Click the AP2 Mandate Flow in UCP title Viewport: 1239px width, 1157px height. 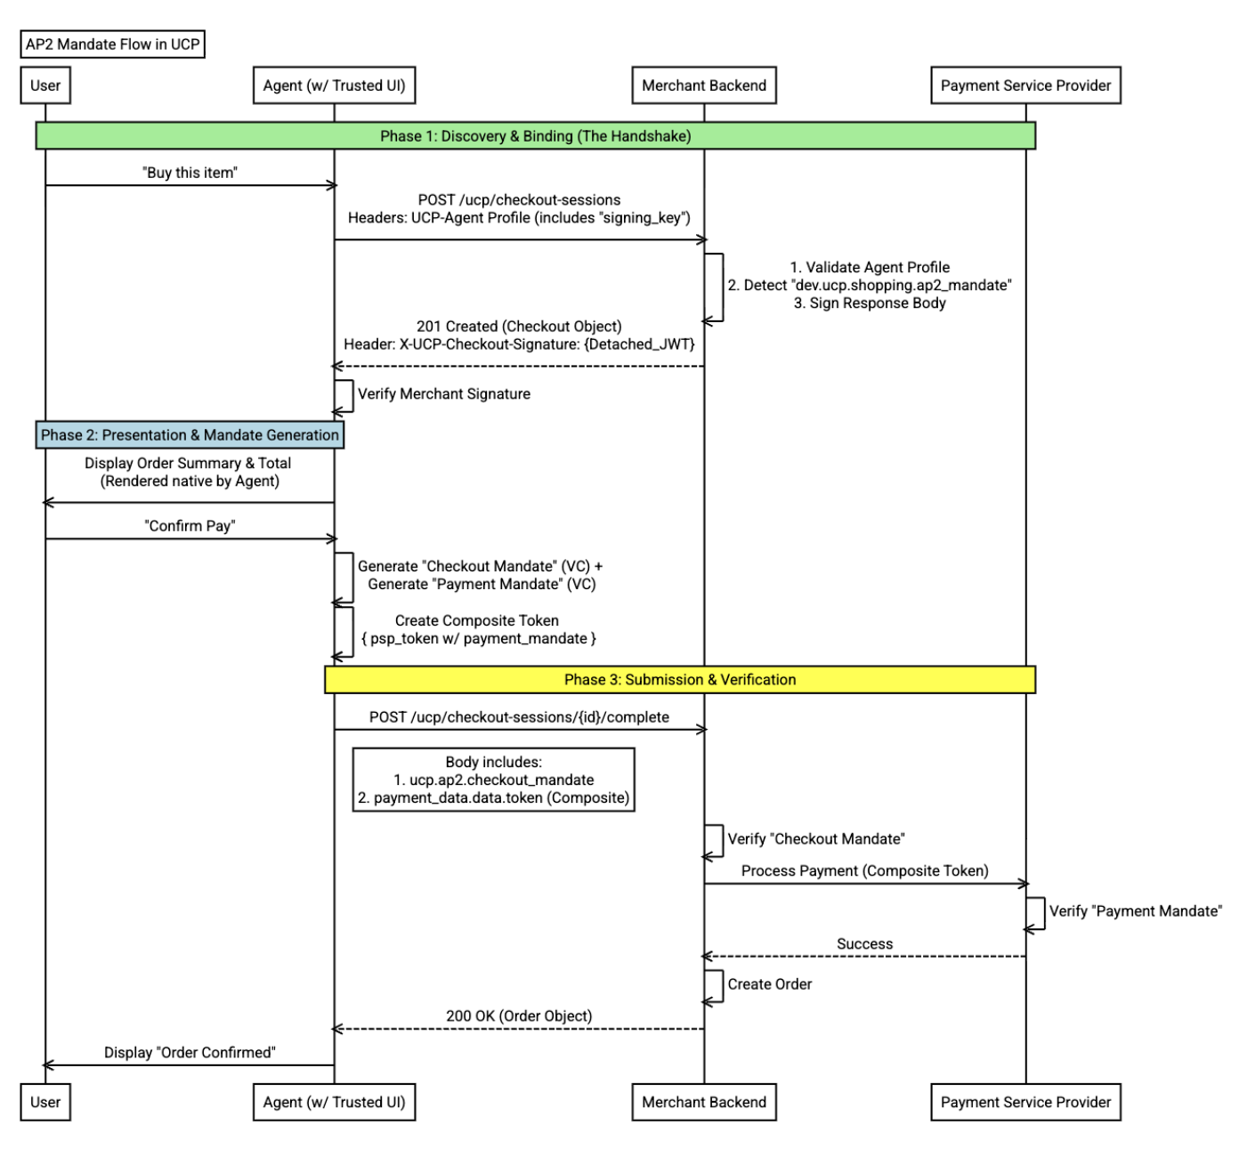(x=113, y=44)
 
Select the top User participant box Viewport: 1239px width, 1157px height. (x=45, y=85)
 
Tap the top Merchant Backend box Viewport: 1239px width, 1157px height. (x=703, y=85)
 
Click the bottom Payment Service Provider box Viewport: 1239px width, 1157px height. (x=1025, y=1102)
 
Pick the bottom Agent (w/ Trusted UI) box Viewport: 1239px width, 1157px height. (x=334, y=1102)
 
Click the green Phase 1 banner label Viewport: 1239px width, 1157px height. (x=535, y=136)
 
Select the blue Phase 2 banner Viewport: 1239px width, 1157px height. (x=190, y=435)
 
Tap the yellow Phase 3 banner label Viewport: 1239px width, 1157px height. (x=680, y=680)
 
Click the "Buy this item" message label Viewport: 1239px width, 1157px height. (x=190, y=173)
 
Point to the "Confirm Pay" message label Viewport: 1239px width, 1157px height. (x=190, y=526)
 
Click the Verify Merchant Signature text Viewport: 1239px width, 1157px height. (x=443, y=394)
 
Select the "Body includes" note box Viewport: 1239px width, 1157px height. (x=493, y=780)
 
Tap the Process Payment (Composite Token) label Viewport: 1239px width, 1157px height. (x=864, y=870)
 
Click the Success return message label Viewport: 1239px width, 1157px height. (x=864, y=943)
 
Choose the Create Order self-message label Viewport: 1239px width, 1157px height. (x=769, y=984)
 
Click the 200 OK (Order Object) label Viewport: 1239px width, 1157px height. (x=519, y=1016)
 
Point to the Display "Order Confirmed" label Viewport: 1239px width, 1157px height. (x=190, y=1053)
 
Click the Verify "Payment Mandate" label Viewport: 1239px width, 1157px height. (x=1135, y=911)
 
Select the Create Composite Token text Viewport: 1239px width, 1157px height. (x=477, y=620)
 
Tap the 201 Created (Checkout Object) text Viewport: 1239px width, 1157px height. (x=519, y=327)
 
